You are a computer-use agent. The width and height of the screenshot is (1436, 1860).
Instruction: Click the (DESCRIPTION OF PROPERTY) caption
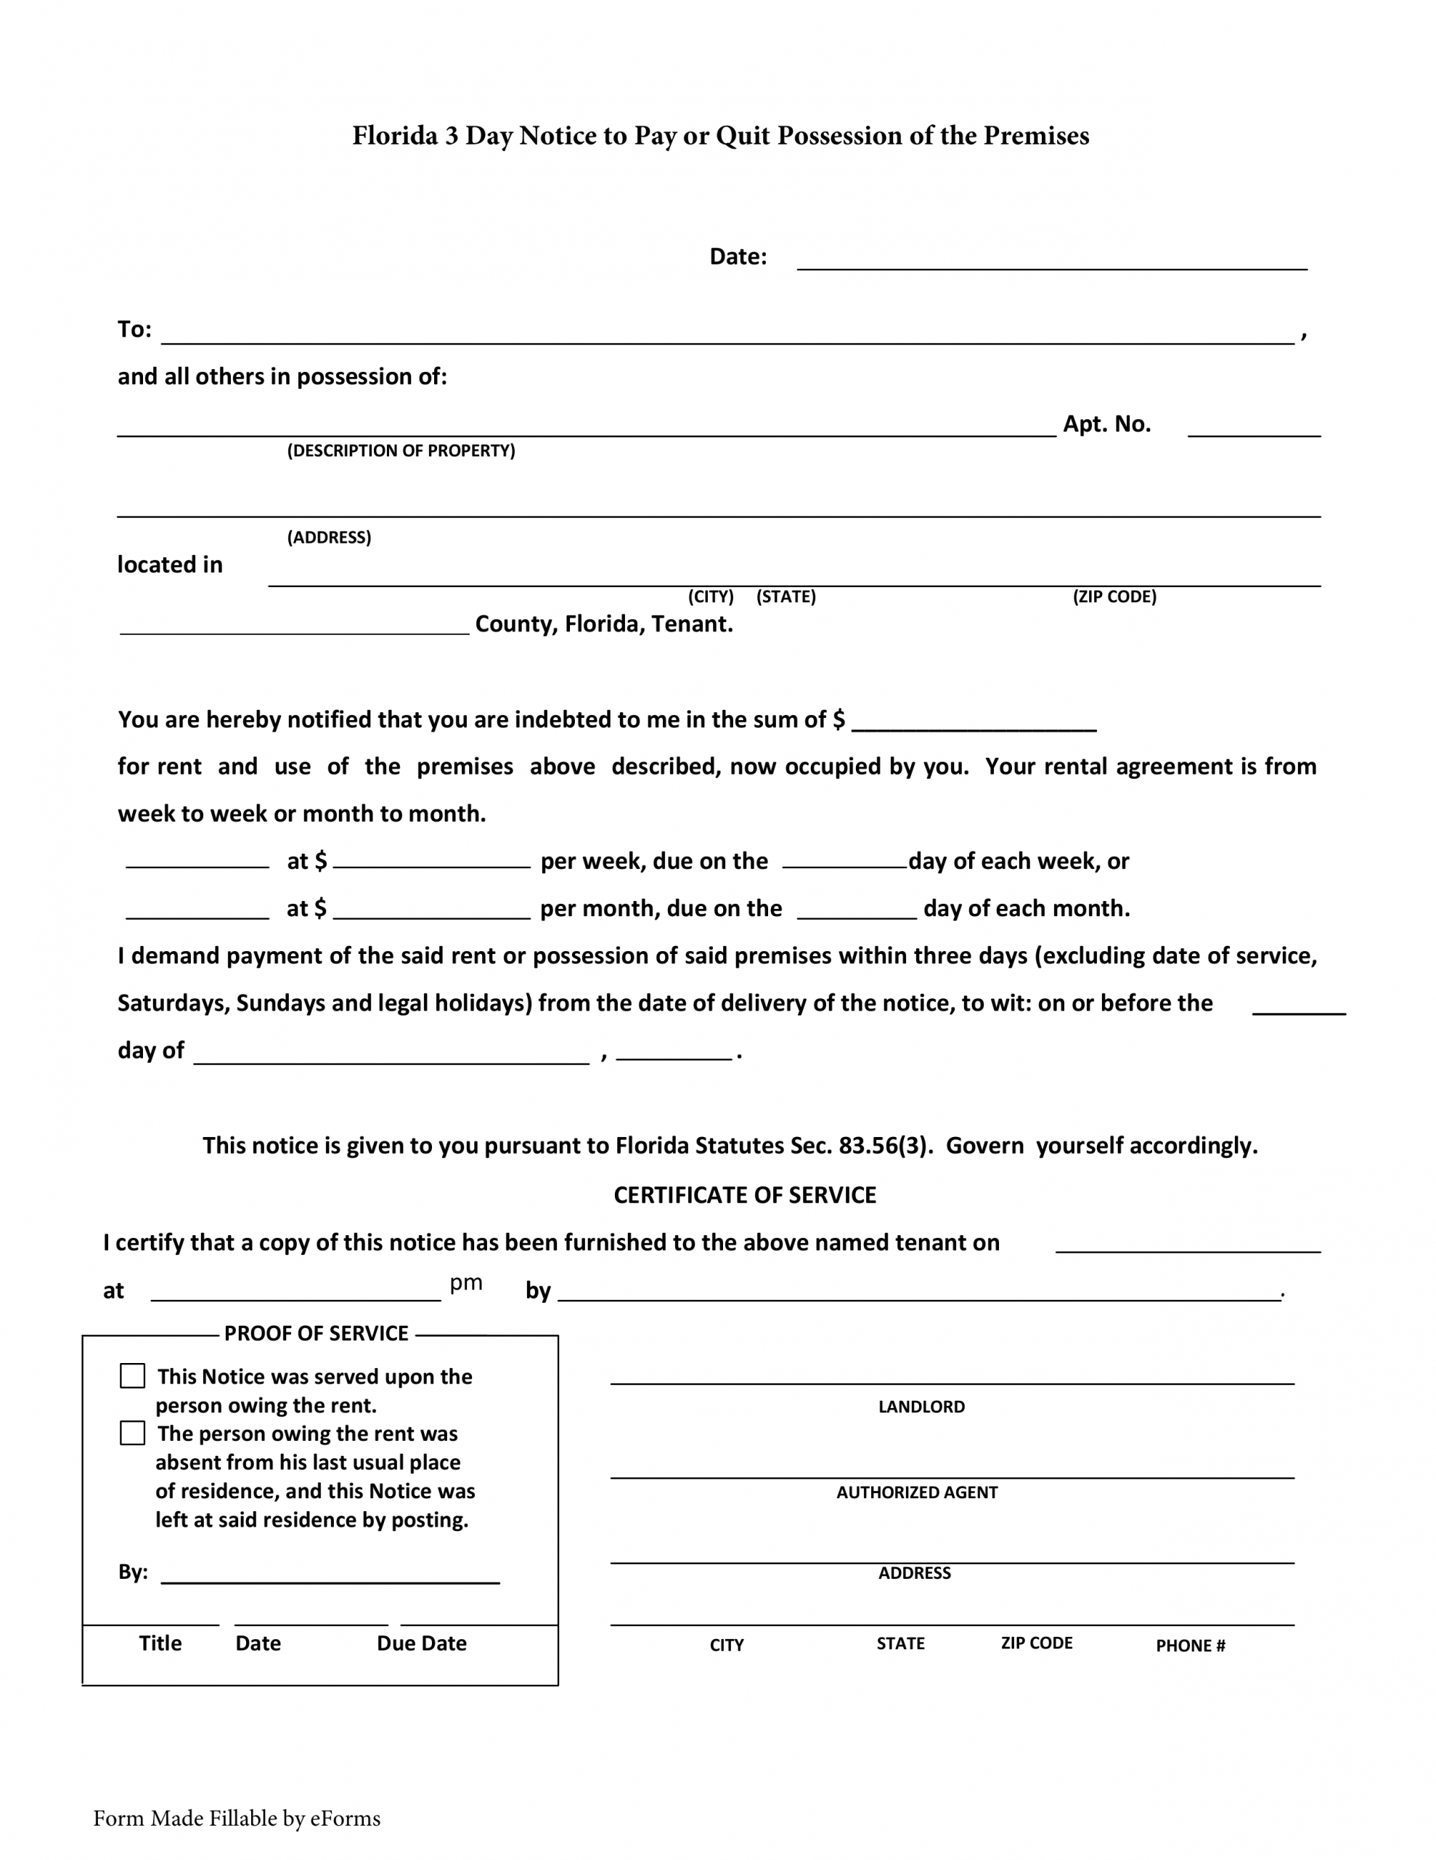coord(401,450)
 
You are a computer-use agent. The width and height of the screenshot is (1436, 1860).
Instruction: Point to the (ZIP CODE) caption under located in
coord(1114,597)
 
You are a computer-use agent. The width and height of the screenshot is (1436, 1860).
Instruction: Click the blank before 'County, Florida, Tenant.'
coord(295,624)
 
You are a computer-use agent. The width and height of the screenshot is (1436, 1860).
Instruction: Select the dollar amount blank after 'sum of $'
coord(974,721)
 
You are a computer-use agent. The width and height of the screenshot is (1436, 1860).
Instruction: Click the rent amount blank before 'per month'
coord(431,910)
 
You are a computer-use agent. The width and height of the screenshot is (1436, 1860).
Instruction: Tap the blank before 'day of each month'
coord(857,910)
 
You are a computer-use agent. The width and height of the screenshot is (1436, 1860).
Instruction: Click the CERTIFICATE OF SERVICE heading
coord(745,1195)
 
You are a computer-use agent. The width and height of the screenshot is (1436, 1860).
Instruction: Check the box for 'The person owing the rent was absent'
coord(133,1433)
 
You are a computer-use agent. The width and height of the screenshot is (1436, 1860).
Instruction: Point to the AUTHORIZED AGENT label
coord(917,1492)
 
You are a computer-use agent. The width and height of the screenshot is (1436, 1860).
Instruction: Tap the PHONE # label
coord(1190,1646)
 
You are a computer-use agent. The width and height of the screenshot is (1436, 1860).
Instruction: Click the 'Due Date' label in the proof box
coord(421,1643)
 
